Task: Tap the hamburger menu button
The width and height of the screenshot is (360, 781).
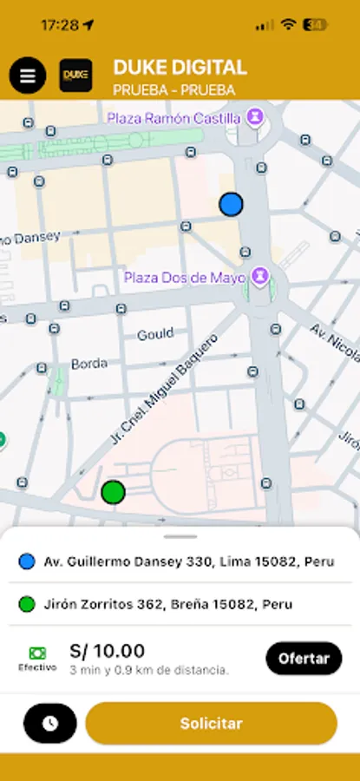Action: coord(28,75)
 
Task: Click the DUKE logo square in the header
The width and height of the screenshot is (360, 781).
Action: coord(75,75)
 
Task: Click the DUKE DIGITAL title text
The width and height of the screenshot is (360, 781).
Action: coord(180,68)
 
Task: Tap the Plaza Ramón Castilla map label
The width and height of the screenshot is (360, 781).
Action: coord(174,115)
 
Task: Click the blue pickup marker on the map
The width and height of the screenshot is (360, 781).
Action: coord(231,204)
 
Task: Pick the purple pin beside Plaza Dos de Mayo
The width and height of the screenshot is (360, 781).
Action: coord(259,277)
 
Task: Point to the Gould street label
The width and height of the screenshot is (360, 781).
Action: coord(155,334)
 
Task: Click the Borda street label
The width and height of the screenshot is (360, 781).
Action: coord(88,364)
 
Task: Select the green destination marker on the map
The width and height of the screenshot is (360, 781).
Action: coord(113,492)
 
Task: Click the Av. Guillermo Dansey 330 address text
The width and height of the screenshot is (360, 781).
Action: coord(188,561)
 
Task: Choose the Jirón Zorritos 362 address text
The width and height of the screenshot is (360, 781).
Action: coord(167,604)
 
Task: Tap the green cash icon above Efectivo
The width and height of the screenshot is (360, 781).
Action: coord(37,653)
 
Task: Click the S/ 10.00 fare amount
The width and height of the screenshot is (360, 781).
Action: coord(107,651)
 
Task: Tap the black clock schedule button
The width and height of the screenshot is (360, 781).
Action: coord(50,723)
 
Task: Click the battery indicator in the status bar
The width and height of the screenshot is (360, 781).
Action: coord(315,25)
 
